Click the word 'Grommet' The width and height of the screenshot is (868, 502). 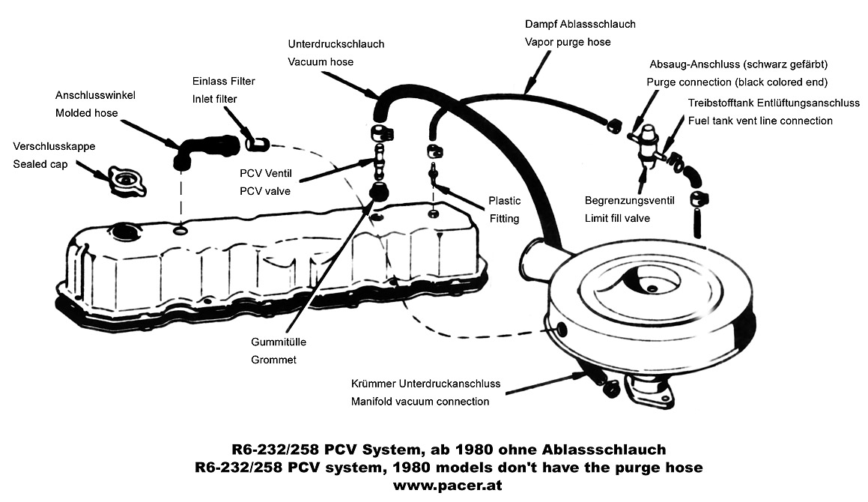(x=273, y=360)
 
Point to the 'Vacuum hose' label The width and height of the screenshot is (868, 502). (x=321, y=62)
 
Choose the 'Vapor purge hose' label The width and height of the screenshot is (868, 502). (x=568, y=42)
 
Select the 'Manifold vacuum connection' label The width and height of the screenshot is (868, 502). (x=420, y=402)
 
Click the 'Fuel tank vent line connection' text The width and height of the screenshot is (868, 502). (x=760, y=121)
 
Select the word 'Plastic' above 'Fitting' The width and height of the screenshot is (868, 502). (x=505, y=201)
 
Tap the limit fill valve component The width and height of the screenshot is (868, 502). (x=645, y=142)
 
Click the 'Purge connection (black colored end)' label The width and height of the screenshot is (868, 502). (x=736, y=82)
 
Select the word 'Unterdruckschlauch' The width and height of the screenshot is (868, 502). (x=336, y=44)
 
